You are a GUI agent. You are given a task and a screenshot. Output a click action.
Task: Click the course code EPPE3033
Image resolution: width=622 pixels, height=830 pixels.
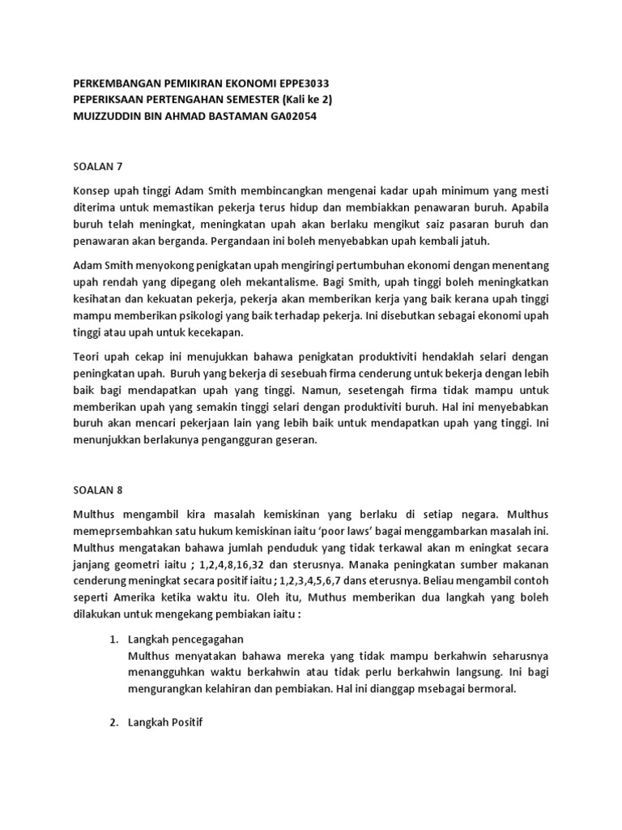(300, 84)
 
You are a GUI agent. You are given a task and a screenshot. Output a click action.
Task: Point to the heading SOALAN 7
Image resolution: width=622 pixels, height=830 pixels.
(97, 166)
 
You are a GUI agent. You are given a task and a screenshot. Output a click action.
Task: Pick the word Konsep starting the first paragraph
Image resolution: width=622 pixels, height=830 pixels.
(92, 190)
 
